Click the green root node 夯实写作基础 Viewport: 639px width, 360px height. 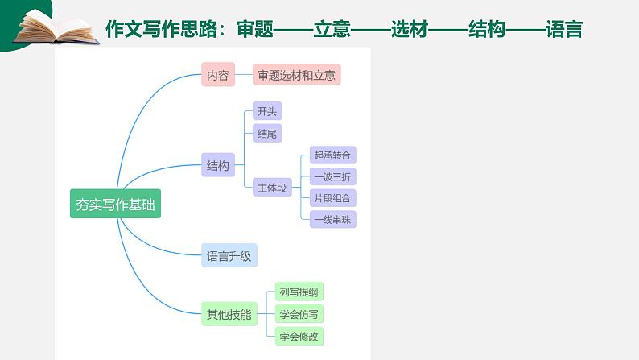[115, 205]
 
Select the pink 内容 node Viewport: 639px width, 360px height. [218, 76]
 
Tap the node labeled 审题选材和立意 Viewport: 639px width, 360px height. [297, 76]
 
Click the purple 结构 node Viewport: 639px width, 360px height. [218, 167]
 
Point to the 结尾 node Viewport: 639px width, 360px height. [266, 134]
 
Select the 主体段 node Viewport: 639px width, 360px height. [272, 188]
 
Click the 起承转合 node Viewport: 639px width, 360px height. [332, 155]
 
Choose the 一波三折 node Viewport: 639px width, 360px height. [332, 176]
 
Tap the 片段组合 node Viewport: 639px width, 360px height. [332, 197]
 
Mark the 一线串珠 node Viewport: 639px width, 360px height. [332, 218]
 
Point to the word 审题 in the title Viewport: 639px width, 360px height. [256, 30]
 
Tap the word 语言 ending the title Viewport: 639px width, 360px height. [563, 30]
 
